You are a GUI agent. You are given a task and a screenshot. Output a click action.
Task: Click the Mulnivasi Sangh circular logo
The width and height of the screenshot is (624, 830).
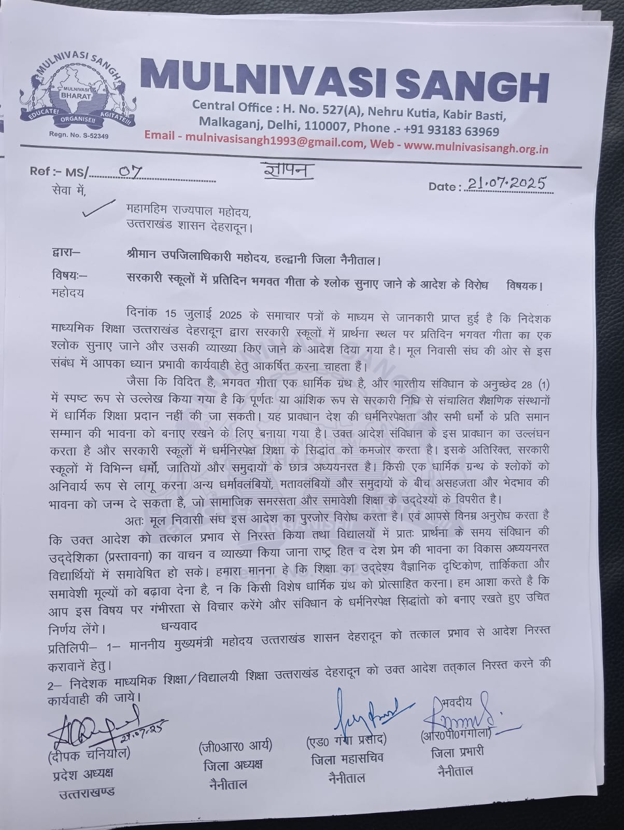pos(78,96)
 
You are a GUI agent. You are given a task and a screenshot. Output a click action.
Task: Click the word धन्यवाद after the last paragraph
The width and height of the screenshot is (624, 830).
pos(179,627)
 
